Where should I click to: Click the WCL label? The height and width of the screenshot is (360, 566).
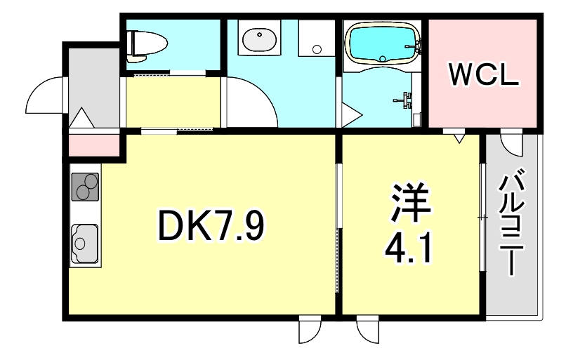click(x=484, y=74)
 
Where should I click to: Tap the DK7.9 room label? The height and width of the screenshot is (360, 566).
click(x=211, y=225)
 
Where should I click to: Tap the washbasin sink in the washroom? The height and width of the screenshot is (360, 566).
click(x=260, y=41)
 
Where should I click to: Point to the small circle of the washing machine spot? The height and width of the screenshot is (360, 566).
click(x=317, y=49)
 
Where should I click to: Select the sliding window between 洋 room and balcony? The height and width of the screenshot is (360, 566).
click(x=482, y=218)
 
